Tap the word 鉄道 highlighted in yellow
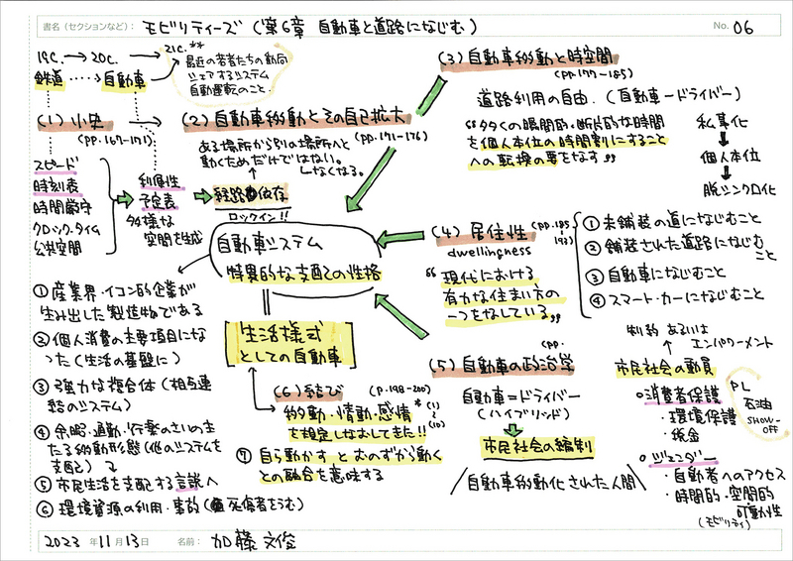(x=51, y=75)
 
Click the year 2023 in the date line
(x=58, y=542)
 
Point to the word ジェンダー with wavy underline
(x=673, y=456)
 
